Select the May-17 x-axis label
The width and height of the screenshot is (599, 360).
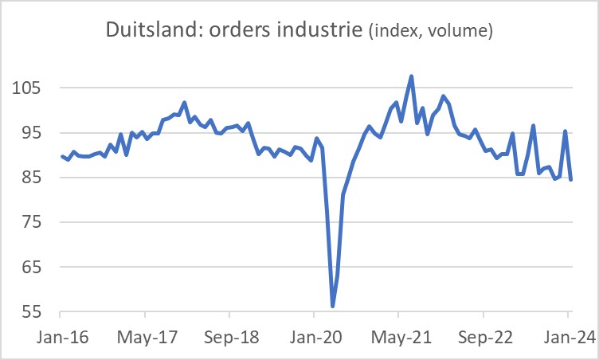pyautogui.click(x=145, y=335)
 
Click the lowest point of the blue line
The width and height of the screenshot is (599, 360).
pyautogui.click(x=332, y=306)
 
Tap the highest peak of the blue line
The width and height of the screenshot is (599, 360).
pyautogui.click(x=411, y=76)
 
